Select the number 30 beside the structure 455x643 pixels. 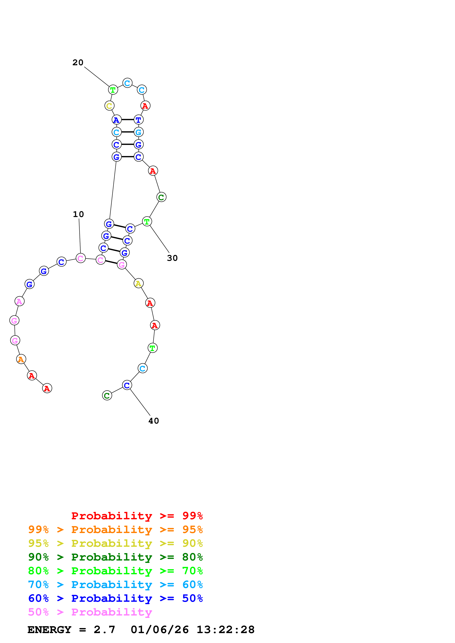point(172,258)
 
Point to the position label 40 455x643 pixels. point(154,421)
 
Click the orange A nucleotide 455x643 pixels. point(21,359)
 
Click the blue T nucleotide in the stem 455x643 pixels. point(139,120)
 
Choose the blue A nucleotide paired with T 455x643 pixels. point(116,120)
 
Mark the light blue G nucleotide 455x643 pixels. point(139,132)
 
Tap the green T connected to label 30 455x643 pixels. point(147,222)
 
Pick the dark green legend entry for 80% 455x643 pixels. point(115,557)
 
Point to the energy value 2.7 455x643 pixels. point(104,630)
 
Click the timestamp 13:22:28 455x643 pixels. point(225,630)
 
